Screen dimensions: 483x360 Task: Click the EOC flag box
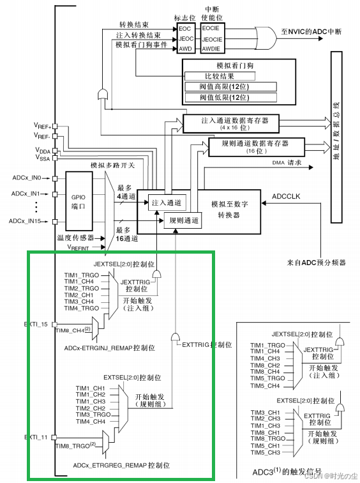tap(184, 28)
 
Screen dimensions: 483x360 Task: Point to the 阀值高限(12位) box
tap(237, 86)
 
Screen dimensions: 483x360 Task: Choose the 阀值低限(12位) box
tap(237, 98)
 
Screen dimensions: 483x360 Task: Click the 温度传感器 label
tap(74, 236)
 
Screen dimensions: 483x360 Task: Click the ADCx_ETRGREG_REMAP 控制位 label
tap(110, 466)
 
